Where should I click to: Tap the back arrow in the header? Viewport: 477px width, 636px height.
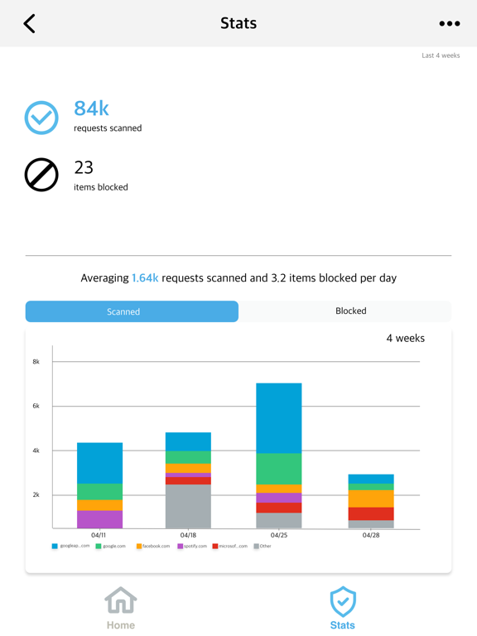pyautogui.click(x=30, y=23)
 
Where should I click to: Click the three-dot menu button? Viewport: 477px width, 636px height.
pyautogui.click(x=449, y=24)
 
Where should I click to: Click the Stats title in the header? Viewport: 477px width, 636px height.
pyautogui.click(x=238, y=23)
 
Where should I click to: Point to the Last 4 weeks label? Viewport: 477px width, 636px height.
pyautogui.click(x=441, y=55)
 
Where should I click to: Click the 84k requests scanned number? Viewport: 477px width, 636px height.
pyautogui.click(x=91, y=108)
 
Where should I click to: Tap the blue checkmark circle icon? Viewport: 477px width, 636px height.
pyautogui.click(x=41, y=118)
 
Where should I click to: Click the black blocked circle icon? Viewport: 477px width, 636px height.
pyautogui.click(x=41, y=175)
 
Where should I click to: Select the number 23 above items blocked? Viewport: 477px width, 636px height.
pyautogui.click(x=84, y=167)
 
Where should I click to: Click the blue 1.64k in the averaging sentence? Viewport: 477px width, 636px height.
pyautogui.click(x=145, y=278)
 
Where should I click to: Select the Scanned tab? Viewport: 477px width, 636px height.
pyautogui.click(x=132, y=311)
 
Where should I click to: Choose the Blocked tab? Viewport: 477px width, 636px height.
pyautogui.click(x=350, y=311)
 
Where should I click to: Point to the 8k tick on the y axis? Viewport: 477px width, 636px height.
pyautogui.click(x=36, y=362)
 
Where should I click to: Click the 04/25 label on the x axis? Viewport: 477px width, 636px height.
pyautogui.click(x=279, y=536)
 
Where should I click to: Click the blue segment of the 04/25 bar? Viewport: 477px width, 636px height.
pyautogui.click(x=279, y=418)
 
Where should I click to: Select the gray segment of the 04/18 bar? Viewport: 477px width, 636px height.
pyautogui.click(x=188, y=506)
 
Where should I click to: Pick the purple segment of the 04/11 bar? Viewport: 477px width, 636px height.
pyautogui.click(x=99, y=519)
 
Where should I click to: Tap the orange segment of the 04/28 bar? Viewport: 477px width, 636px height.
pyautogui.click(x=371, y=499)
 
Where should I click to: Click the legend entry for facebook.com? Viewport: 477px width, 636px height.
pyautogui.click(x=153, y=547)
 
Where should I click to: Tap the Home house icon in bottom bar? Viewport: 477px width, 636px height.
pyautogui.click(x=121, y=601)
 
